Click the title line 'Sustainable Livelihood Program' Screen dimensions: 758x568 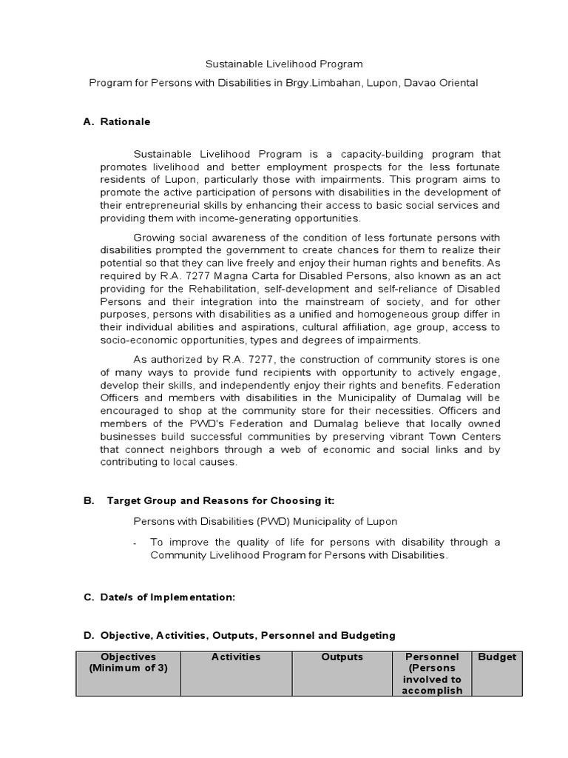(284, 64)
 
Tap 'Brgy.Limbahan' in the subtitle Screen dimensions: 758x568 (320, 83)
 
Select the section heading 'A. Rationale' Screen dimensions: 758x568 (117, 121)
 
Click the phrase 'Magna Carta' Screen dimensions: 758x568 (212, 276)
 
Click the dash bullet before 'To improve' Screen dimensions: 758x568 (135, 543)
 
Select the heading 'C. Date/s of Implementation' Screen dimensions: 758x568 (159, 597)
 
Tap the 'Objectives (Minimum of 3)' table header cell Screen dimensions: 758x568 (129, 663)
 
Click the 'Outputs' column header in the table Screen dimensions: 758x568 (342, 657)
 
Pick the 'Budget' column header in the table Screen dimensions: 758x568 (497, 657)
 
